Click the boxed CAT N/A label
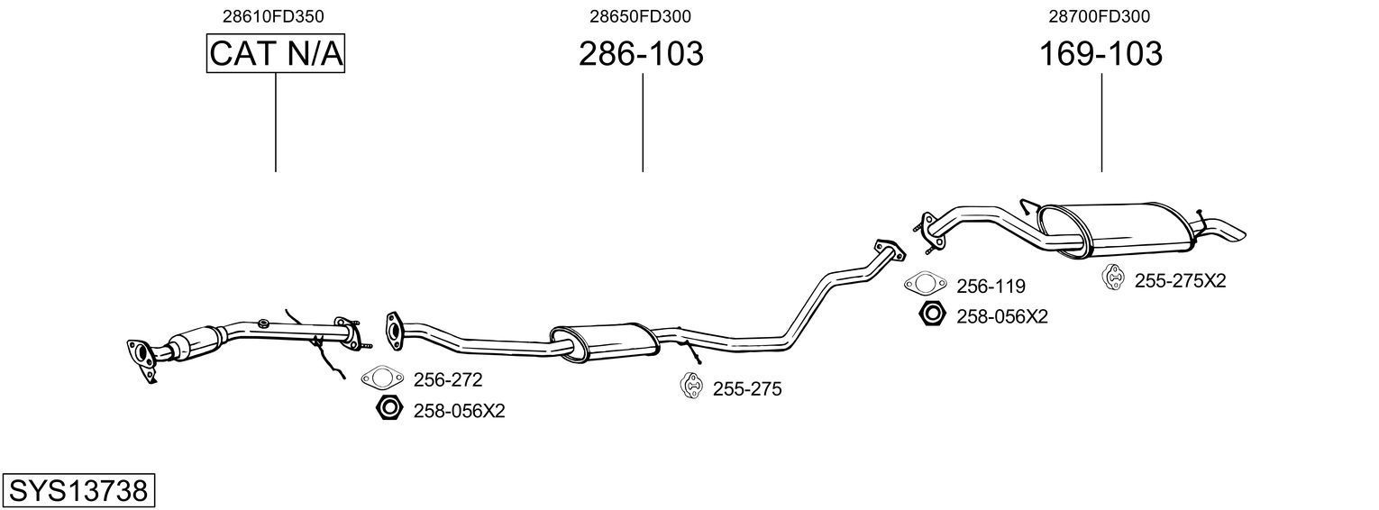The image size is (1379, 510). point(276,54)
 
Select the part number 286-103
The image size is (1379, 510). point(641,54)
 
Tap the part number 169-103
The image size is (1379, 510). point(1100,54)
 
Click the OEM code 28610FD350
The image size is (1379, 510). point(274,16)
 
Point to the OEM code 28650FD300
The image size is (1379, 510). point(641,16)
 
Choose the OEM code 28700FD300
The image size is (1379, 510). point(1099,16)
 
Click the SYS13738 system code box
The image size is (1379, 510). point(78,491)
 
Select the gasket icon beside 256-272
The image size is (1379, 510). point(381,379)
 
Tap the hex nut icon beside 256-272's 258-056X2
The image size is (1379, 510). point(388,409)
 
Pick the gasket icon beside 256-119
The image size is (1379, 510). point(926,285)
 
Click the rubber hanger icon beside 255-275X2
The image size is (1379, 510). point(1114,278)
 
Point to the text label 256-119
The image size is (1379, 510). point(991,287)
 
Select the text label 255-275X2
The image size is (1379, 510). point(1180,281)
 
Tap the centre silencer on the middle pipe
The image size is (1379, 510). point(604,340)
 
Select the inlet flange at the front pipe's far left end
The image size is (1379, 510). point(141,355)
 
